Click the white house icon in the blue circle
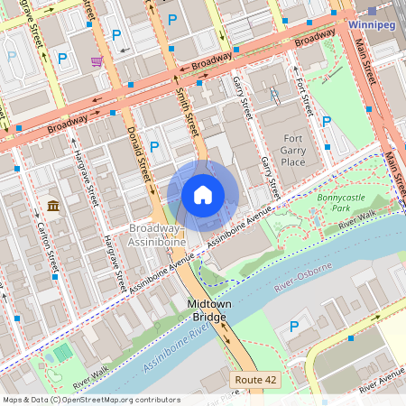coord(203,195)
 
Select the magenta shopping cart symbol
coord(97,61)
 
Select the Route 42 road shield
coord(255,380)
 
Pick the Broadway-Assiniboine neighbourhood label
coord(157,235)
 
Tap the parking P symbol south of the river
coord(293,327)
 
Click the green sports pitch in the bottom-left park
coord(61,353)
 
